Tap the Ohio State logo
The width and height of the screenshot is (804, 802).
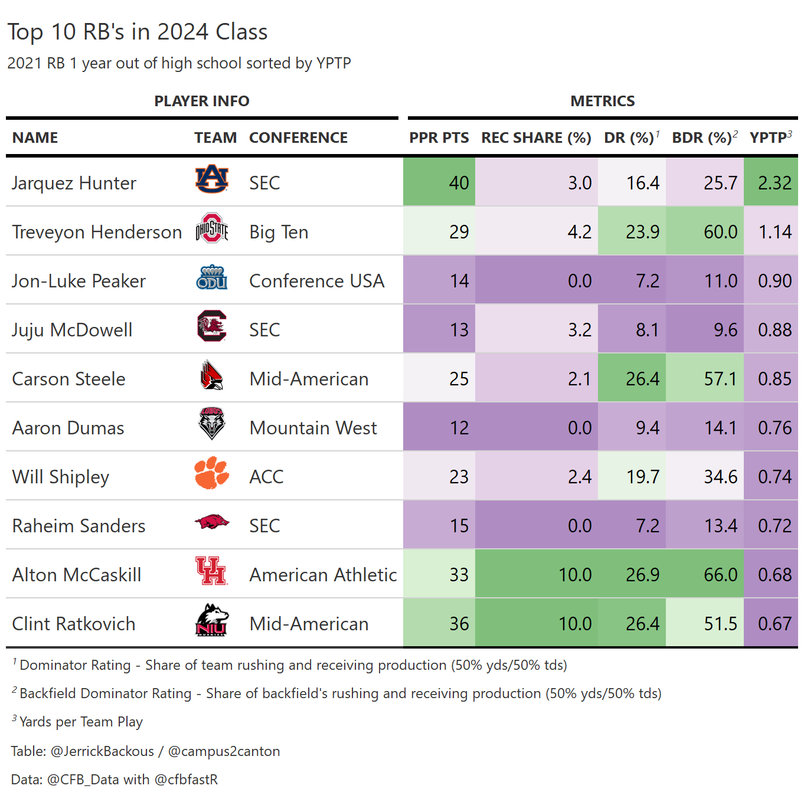(211, 228)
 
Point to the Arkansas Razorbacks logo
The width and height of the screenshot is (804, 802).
(211, 522)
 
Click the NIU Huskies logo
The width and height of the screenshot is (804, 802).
(211, 620)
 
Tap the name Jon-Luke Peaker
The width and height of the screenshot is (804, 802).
(79, 281)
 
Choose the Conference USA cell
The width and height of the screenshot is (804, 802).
(316, 281)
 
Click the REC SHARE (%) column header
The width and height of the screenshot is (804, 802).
(536, 138)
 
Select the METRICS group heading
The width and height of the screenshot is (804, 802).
(602, 101)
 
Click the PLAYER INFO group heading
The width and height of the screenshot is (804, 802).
(202, 101)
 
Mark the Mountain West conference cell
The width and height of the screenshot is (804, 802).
(313, 428)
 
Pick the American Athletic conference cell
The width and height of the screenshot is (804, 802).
(323, 575)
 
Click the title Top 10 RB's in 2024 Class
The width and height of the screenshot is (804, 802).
(138, 32)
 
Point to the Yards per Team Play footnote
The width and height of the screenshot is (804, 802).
(81, 722)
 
